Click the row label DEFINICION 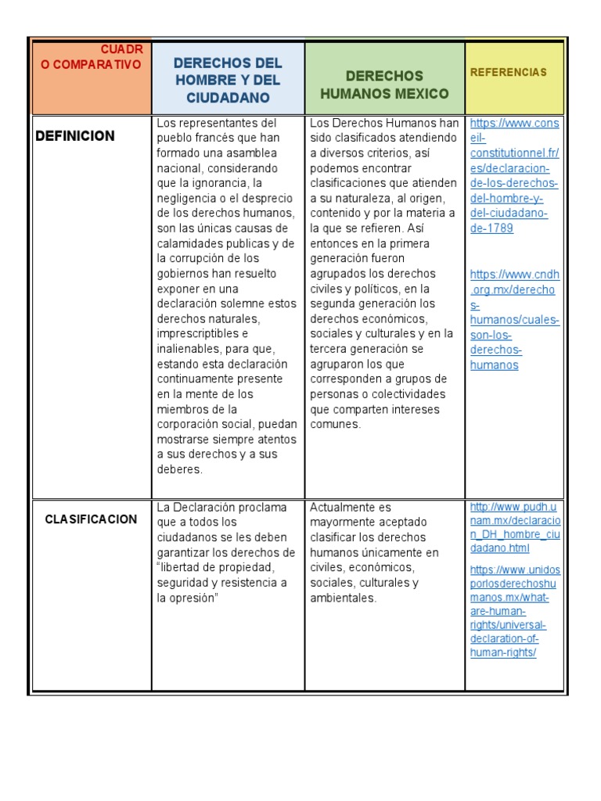tap(75, 136)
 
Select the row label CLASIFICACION tap(91, 519)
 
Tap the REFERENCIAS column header tap(508, 72)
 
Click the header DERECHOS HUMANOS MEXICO tap(384, 85)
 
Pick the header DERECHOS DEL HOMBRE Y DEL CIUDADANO tap(227, 80)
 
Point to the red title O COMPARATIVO tap(92, 65)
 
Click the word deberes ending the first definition tap(179, 469)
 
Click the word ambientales tap(343, 598)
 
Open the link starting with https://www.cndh tap(515, 275)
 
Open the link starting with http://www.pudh tap(515, 508)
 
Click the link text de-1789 tap(491, 228)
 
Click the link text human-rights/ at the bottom tap(503, 652)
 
